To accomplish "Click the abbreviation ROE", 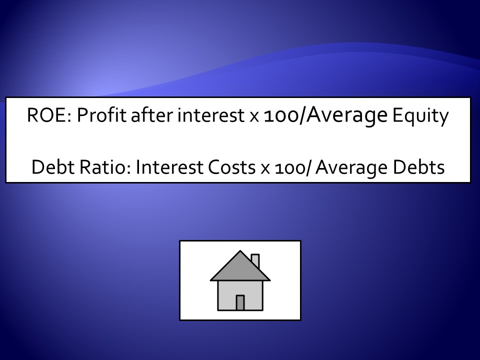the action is tap(48, 115).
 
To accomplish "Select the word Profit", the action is tap(101, 115).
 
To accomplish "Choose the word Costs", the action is tap(231, 167).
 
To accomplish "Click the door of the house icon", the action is tap(240, 303).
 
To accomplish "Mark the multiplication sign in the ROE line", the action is tap(254, 117).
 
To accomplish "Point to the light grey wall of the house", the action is tap(226, 295).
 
